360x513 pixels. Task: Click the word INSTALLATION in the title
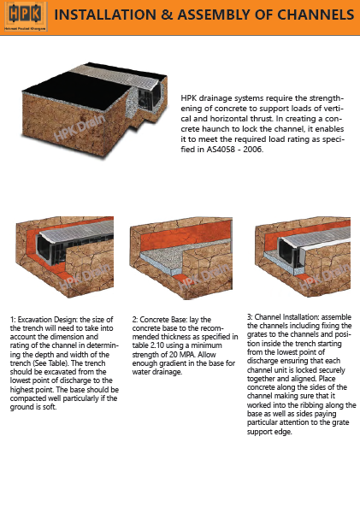click(119, 16)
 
